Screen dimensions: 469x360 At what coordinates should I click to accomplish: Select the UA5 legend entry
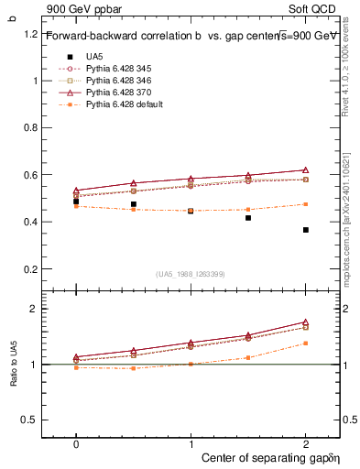click(94, 57)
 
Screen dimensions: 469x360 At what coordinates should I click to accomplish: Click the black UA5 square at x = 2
click(305, 230)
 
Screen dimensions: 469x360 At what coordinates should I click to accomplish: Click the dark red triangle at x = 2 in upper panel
click(305, 169)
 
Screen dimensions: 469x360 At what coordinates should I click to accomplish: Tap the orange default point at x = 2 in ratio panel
click(305, 344)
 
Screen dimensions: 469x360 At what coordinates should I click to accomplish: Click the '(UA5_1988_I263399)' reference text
click(191, 274)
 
